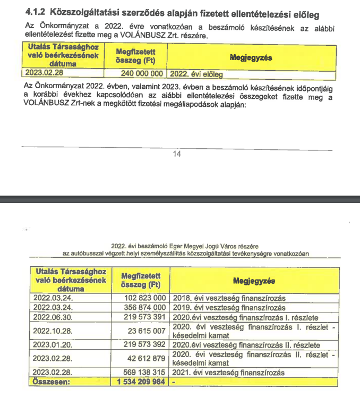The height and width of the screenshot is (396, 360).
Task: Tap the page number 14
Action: point(177,154)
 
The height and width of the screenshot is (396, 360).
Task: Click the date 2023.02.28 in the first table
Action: point(44,74)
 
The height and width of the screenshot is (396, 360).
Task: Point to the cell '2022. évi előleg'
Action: point(195,74)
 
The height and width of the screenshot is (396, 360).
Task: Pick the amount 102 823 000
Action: point(145,298)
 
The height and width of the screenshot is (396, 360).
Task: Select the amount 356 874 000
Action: point(145,307)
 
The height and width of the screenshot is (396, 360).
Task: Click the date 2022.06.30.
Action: point(53,317)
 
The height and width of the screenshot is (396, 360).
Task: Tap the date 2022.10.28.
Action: point(53,331)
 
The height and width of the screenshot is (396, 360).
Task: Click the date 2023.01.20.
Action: point(53,344)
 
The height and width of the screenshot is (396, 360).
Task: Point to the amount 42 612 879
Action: point(147,358)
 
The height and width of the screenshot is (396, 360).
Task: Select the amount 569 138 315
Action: point(145,372)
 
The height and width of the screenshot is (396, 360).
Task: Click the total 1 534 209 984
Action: point(141,382)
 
